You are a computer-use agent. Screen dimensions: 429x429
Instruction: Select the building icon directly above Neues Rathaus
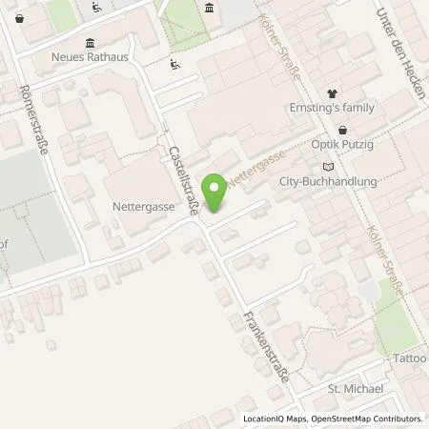(x=90, y=42)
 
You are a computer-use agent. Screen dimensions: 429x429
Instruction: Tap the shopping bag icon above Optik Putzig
(x=342, y=131)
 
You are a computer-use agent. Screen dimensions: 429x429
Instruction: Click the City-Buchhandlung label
(x=328, y=180)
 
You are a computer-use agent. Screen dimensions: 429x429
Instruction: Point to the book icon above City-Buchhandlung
(x=329, y=166)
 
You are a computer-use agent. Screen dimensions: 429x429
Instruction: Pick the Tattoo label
(x=411, y=358)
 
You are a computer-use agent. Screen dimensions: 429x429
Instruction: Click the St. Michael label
(x=355, y=389)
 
